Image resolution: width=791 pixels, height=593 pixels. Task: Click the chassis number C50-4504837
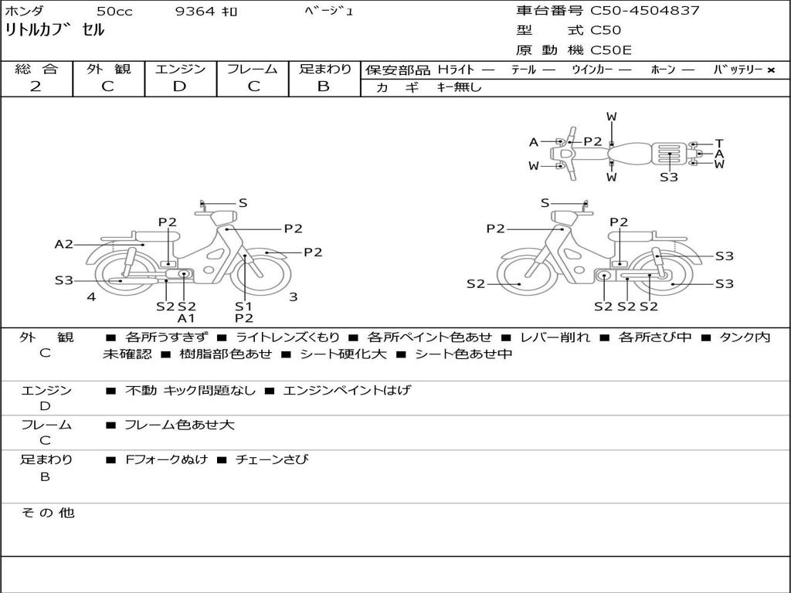[x=645, y=10]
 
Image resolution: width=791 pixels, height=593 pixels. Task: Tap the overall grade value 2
[x=36, y=86]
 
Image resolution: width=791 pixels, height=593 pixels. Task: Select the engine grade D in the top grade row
[x=179, y=86]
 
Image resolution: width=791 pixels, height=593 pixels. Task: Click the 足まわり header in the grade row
[x=324, y=69]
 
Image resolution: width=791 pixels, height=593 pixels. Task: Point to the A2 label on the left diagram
[x=63, y=245]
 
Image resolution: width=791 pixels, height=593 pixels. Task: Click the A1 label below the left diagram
[x=185, y=318]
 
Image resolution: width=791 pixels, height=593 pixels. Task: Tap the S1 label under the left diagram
[x=243, y=306]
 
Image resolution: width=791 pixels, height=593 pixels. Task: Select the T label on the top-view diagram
[x=719, y=143]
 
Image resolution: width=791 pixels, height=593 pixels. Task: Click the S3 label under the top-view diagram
[x=669, y=177]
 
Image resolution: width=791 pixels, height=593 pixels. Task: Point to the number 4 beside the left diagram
[x=91, y=297]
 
